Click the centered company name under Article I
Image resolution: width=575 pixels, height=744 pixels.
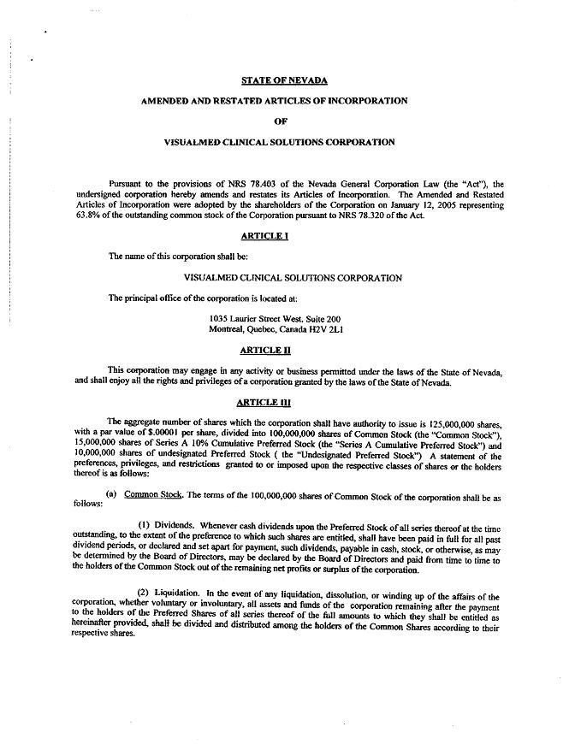tap(293, 277)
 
